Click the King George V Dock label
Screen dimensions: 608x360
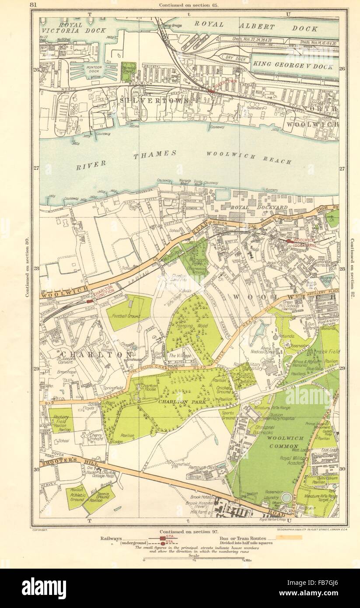(x=293, y=67)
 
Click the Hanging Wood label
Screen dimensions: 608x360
(x=193, y=327)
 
